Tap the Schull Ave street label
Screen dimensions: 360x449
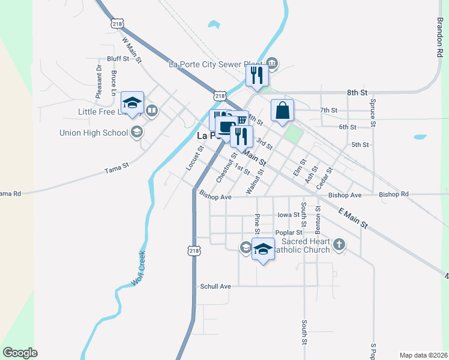pyautogui.click(x=215, y=287)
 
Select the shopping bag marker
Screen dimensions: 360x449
pyautogui.click(x=282, y=110)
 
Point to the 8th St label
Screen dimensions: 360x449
pyautogui.click(x=357, y=92)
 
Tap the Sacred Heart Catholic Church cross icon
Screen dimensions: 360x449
pyautogui.click(x=339, y=244)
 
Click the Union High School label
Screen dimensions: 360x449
pyautogui.click(x=94, y=133)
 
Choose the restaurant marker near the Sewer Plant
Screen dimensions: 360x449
pyautogui.click(x=256, y=76)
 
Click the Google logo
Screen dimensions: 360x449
pyautogui.click(x=20, y=353)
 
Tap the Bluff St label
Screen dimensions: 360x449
pyautogui.click(x=118, y=59)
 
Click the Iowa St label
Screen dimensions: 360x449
pyautogui.click(x=288, y=214)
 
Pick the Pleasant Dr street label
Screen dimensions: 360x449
pyautogui.click(x=100, y=75)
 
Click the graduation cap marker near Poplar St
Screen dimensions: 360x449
pyautogui.click(x=263, y=249)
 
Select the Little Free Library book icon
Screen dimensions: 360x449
pyautogui.click(x=152, y=110)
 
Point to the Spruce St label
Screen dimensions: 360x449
pyautogui.click(x=373, y=113)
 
